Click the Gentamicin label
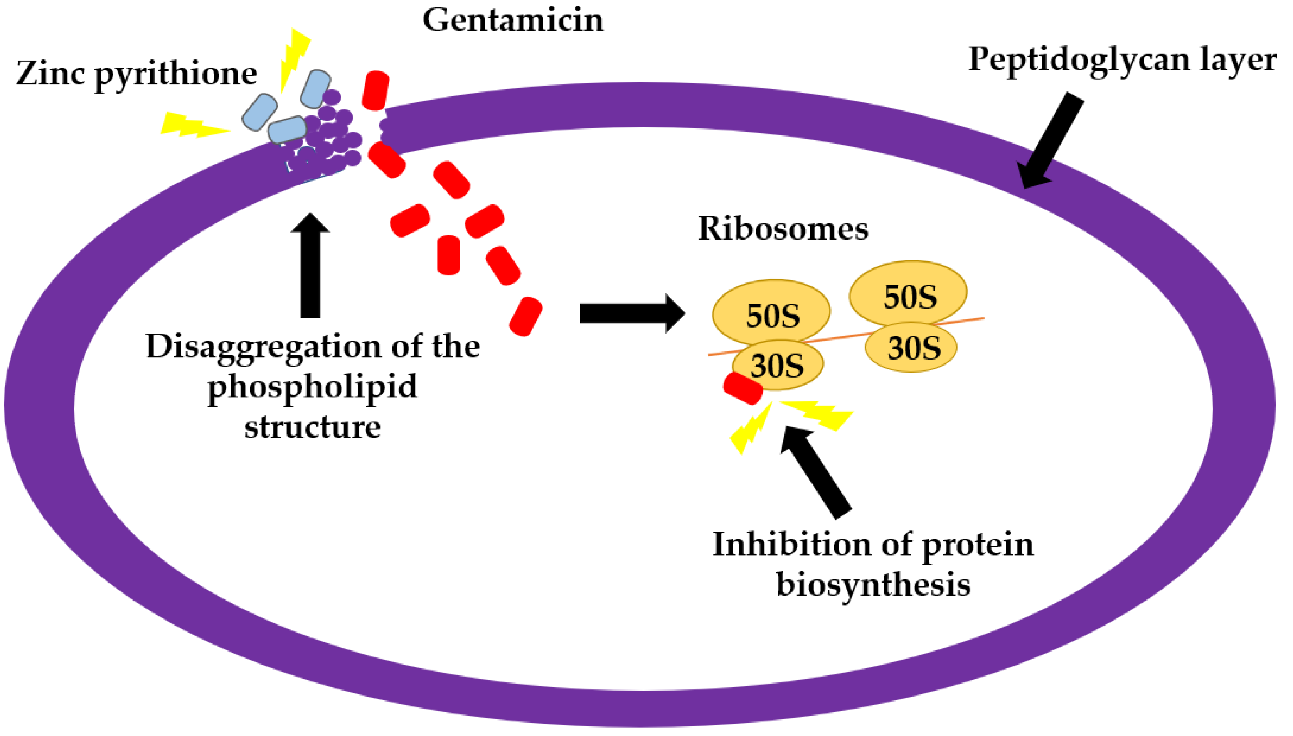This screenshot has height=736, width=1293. (513, 21)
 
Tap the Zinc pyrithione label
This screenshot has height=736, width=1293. (136, 74)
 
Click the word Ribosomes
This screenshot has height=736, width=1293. (783, 229)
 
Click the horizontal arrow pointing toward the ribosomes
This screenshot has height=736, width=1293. (632, 314)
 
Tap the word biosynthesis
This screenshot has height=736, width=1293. (873, 585)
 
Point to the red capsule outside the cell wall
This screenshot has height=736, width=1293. (376, 91)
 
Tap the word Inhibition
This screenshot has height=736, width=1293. (792, 545)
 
